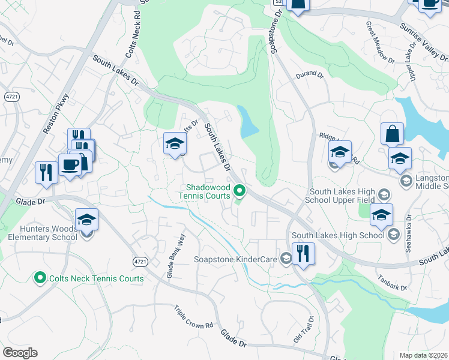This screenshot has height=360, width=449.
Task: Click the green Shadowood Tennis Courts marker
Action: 240,191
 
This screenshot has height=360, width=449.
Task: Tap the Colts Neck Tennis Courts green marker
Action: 40,278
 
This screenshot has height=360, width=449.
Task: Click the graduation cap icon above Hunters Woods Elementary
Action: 86,221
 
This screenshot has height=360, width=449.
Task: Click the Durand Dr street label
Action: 309,76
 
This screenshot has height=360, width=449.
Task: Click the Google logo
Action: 20,353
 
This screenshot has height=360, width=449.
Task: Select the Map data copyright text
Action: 424,355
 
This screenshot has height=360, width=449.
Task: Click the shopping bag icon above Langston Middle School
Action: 392,134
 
